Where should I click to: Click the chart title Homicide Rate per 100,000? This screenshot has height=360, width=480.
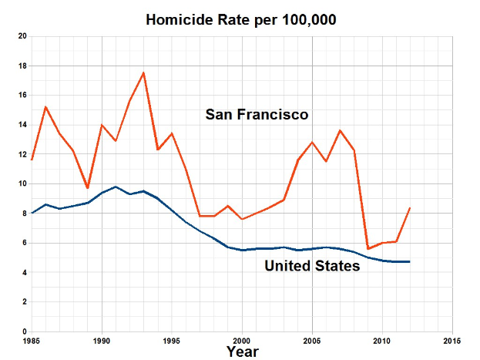click(x=241, y=19)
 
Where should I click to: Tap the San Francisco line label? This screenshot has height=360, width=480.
click(x=257, y=115)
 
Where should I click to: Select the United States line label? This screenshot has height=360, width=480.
click(x=311, y=267)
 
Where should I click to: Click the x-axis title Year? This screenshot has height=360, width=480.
click(x=242, y=352)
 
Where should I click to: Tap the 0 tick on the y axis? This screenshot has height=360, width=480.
click(x=25, y=331)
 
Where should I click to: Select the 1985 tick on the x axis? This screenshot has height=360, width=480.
click(x=32, y=340)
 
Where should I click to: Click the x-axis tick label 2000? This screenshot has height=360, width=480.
click(x=242, y=340)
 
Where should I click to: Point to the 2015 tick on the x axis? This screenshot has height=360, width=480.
click(x=452, y=340)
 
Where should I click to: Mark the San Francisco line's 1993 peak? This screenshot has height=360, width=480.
click(x=143, y=72)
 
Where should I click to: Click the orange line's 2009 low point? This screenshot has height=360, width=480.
click(x=368, y=249)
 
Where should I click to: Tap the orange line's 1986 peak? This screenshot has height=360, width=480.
click(x=45, y=106)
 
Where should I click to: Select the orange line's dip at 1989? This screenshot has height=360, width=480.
click(x=87, y=188)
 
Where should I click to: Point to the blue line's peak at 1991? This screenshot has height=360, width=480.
click(x=116, y=187)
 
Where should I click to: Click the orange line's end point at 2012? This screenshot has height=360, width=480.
click(x=410, y=207)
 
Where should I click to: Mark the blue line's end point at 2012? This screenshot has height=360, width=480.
click(x=410, y=262)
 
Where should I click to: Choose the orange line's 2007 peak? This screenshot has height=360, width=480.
click(x=340, y=130)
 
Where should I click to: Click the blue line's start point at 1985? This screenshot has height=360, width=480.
click(x=32, y=213)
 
